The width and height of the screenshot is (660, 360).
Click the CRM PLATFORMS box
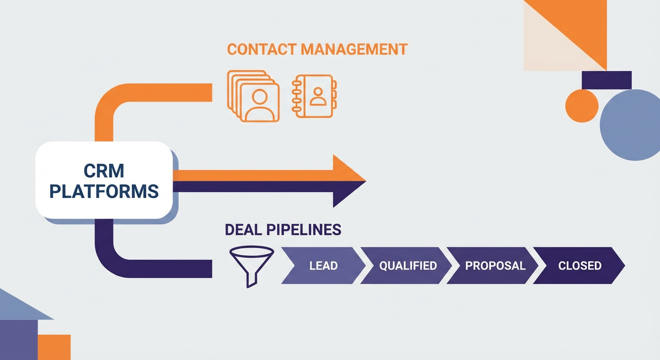(104, 180)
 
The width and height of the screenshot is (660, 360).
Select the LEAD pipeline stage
(323, 266)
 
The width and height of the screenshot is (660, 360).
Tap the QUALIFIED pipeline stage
(407, 266)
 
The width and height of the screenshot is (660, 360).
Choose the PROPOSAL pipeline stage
(495, 266)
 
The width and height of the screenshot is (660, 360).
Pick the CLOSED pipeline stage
(579, 266)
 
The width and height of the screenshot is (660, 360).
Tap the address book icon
(314, 96)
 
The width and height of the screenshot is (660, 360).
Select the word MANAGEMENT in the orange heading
(354, 50)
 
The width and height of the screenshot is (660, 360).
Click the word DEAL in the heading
(244, 230)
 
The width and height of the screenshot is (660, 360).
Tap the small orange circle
(582, 106)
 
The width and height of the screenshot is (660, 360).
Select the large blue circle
(630, 125)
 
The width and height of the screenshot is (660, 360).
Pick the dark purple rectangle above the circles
(606, 80)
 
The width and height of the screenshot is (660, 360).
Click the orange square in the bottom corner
(54, 347)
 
